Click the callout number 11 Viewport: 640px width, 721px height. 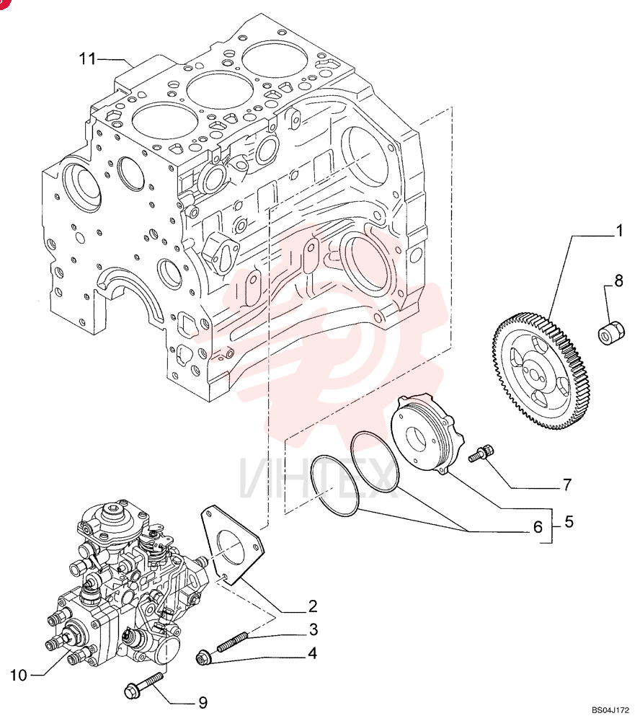click(x=87, y=59)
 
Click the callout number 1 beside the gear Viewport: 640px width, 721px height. click(x=619, y=231)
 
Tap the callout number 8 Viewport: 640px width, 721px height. click(x=619, y=280)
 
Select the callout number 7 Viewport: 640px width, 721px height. click(x=567, y=485)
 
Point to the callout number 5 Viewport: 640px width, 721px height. click(x=569, y=522)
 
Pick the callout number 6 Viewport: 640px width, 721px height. click(x=538, y=527)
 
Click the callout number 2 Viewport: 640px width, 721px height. click(x=313, y=606)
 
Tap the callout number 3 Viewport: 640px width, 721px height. click(x=313, y=629)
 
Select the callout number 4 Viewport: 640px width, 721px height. click(x=313, y=653)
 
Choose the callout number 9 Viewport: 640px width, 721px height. click(x=203, y=702)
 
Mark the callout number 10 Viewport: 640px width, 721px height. click(x=19, y=676)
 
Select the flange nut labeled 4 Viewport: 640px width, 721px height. click(x=203, y=658)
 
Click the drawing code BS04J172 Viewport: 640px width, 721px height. click(x=610, y=710)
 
